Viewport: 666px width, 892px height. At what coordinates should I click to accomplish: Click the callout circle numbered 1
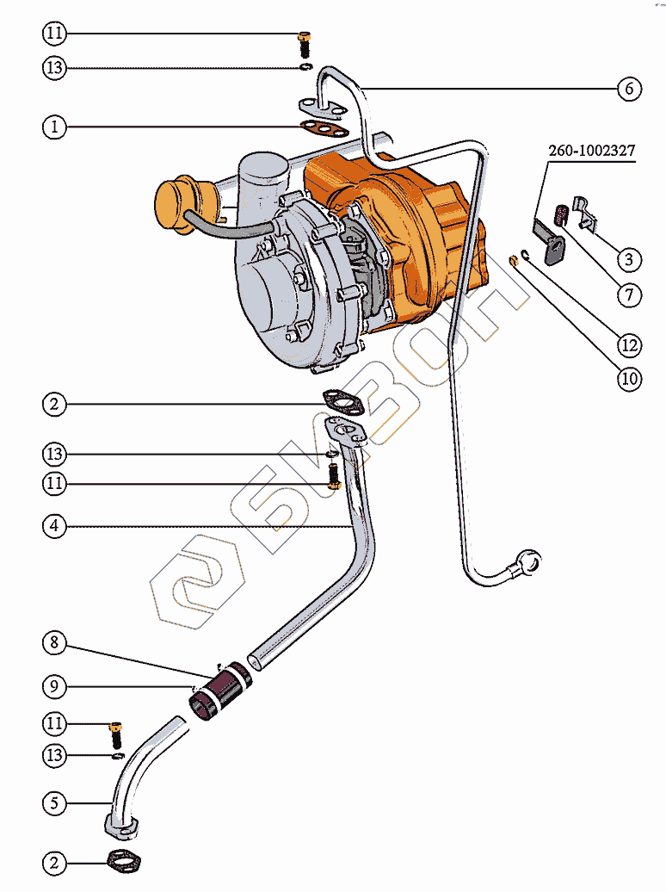tap(55, 127)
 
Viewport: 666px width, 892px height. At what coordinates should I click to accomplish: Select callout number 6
tap(628, 89)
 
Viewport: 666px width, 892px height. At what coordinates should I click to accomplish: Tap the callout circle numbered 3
tap(628, 259)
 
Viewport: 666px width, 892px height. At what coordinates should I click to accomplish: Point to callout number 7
tap(628, 295)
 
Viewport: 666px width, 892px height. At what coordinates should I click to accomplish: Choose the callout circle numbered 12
tap(628, 345)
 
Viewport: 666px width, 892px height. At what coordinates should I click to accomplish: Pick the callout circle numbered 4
tap(55, 526)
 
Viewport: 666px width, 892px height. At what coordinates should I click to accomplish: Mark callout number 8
tap(55, 642)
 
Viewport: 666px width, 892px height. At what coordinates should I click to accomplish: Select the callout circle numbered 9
tap(55, 686)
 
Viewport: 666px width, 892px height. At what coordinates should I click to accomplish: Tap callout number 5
tap(55, 804)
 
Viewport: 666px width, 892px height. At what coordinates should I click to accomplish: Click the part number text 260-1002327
tap(592, 150)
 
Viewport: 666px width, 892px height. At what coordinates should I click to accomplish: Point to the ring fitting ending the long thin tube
tap(527, 562)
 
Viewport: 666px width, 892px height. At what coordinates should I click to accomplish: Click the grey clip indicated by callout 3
tap(587, 213)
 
